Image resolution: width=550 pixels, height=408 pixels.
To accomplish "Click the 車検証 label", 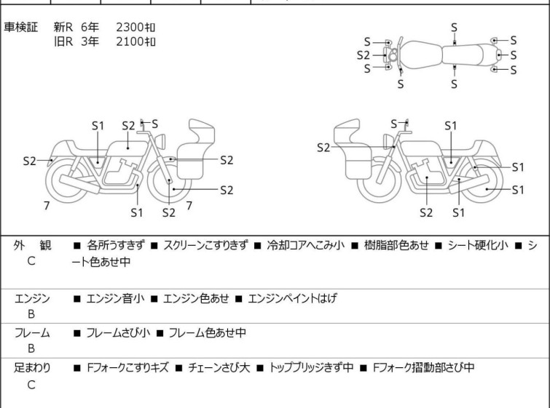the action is [20, 27].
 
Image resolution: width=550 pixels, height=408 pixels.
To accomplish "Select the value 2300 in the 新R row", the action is [130, 27].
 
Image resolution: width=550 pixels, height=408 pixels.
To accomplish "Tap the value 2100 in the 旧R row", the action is [130, 41].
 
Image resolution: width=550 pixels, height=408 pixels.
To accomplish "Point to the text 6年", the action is [90, 27].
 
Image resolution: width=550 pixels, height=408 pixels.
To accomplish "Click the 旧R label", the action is [63, 41].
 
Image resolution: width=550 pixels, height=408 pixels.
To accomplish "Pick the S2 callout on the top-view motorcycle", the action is [363, 55].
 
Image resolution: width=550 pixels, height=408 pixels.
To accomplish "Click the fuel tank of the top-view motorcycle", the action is [420, 55].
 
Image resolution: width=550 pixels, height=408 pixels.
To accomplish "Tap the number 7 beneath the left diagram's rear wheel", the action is [47, 206].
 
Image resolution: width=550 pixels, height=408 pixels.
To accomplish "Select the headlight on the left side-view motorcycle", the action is [160, 141].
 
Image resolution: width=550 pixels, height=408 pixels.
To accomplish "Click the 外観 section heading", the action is [32, 245].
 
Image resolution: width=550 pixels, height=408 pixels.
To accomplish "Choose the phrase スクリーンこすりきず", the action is [206, 245].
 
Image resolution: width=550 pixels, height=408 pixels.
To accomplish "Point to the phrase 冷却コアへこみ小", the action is [305, 245].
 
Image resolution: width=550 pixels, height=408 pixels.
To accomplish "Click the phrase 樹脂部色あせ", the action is [396, 245].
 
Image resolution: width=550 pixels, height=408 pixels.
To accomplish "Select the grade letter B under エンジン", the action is [31, 314].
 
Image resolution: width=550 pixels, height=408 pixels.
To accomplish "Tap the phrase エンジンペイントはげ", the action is [292, 298].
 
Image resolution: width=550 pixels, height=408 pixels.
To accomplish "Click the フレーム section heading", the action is [32, 332].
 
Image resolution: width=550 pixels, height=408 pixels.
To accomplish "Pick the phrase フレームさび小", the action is [118, 332].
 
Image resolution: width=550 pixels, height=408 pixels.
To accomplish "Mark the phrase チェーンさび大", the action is [219, 368].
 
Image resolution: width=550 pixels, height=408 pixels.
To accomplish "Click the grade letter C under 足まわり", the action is [31, 385].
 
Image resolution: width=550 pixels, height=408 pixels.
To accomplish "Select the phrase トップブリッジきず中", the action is [311, 368].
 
